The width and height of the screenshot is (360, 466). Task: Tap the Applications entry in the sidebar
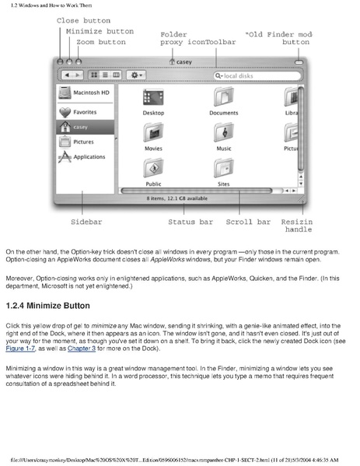pyautogui.click(x=85, y=156)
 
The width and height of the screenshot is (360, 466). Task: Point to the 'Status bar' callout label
pyautogui.click(x=190, y=222)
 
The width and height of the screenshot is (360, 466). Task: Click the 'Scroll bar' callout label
pyautogui.click(x=248, y=222)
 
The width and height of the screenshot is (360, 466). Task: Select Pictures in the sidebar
pyautogui.click(x=85, y=142)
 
